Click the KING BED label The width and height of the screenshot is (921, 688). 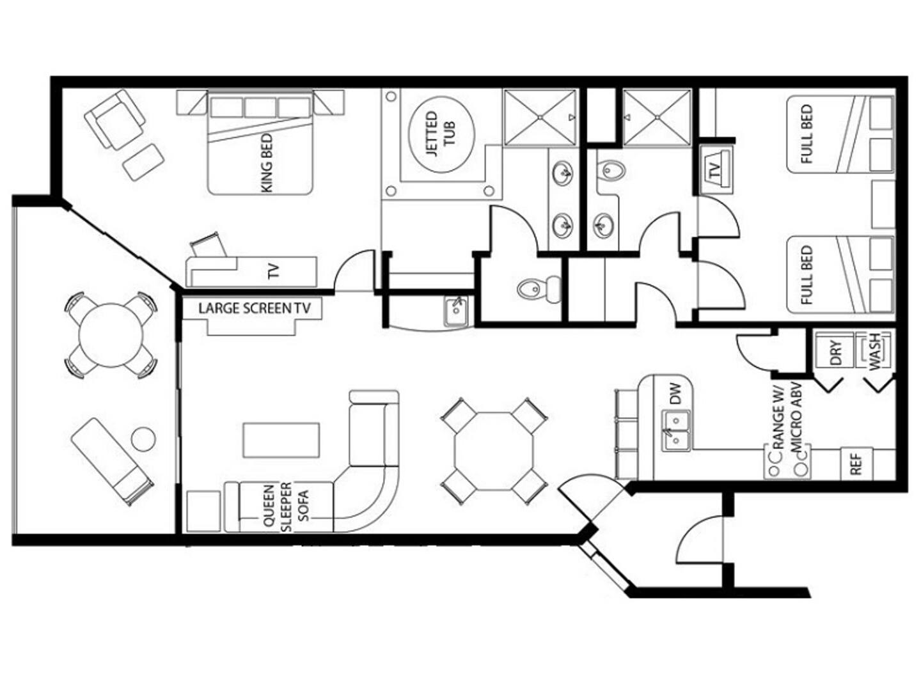click(x=267, y=163)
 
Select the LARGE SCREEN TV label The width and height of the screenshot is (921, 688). click(x=255, y=308)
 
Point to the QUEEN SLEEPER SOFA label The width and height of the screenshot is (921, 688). click(x=286, y=507)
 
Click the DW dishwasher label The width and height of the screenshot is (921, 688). click(x=675, y=394)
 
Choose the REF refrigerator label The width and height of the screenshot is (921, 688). click(x=856, y=464)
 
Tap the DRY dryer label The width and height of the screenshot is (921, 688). click(x=835, y=353)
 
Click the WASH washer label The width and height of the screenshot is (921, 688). click(x=874, y=352)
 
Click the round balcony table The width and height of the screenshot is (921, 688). click(x=111, y=336)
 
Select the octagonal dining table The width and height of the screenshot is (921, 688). click(x=494, y=451)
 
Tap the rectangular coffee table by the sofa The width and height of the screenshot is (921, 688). click(x=281, y=440)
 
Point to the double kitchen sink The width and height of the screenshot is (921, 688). click(x=675, y=430)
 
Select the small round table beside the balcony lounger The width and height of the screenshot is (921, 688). click(x=143, y=439)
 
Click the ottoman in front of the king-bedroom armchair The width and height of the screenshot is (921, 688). click(x=143, y=162)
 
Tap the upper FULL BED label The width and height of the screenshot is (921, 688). click(x=806, y=134)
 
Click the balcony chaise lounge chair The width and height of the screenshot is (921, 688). click(x=112, y=462)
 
